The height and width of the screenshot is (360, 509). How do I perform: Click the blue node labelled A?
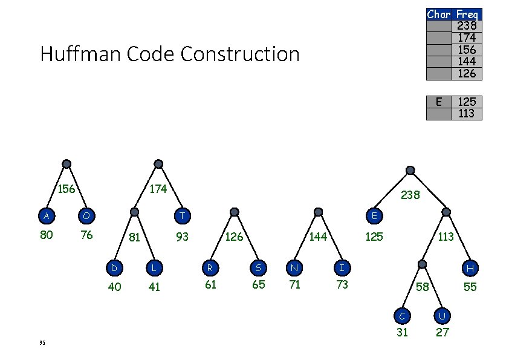[x=46, y=216]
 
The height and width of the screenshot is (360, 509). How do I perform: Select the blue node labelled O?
[x=86, y=216]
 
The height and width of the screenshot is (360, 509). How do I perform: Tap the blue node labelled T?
[x=182, y=216]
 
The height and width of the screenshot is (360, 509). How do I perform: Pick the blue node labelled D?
[x=114, y=267]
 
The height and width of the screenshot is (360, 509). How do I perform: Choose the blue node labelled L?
[x=154, y=267]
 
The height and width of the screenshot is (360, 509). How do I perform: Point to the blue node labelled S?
[x=258, y=266]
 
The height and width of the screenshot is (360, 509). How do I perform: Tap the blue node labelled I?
[x=342, y=266]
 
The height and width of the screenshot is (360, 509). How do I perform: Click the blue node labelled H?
[x=470, y=267]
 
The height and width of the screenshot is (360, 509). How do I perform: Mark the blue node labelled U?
[x=443, y=315]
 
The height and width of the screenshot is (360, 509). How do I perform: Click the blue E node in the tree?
[x=374, y=216]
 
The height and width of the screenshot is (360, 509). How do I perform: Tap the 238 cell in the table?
[x=467, y=25]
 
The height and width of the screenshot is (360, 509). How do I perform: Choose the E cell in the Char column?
[x=439, y=102]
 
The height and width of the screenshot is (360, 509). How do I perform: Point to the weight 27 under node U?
[x=443, y=332]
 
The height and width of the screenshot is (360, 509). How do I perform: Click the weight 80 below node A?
[x=46, y=235]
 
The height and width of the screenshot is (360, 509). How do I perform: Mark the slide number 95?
[x=42, y=343]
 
